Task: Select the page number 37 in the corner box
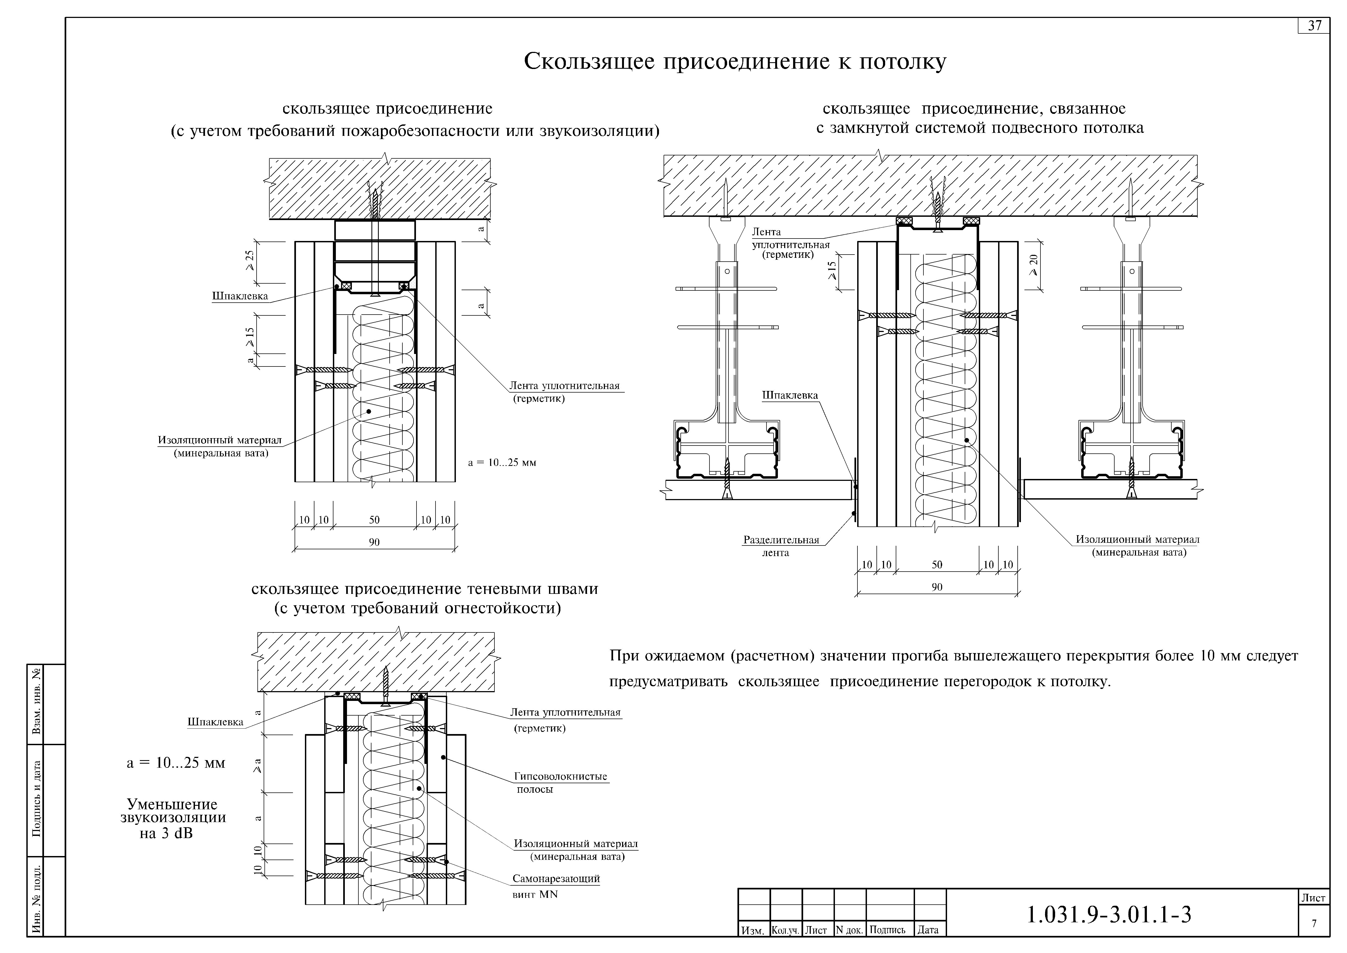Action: coord(1315,26)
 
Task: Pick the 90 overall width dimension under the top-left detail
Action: coord(374,542)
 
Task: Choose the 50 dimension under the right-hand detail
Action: coord(937,565)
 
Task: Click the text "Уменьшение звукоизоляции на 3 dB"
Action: coord(173,819)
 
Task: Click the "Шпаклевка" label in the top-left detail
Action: coord(240,296)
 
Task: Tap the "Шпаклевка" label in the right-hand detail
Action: coord(790,396)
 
